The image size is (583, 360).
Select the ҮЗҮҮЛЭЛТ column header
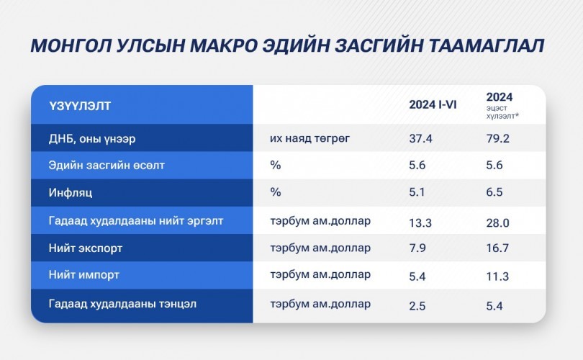80,106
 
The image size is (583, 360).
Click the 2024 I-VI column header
433,104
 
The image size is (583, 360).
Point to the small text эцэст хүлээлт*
502,112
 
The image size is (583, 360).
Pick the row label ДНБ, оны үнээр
92,139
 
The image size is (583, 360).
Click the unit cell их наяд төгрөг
309,138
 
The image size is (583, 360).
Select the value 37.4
420,139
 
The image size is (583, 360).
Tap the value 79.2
497,139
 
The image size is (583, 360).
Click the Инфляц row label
71,193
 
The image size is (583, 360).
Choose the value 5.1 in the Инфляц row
417,192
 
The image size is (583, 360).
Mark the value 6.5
494,192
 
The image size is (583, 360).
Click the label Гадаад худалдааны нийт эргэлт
136,221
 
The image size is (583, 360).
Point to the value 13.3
420,222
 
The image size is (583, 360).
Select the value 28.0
497,222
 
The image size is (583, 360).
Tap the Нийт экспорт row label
85,248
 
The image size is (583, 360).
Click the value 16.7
497,248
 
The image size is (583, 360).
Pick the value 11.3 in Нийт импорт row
497,276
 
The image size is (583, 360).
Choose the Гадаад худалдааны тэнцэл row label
122,304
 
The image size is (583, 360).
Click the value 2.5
417,306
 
